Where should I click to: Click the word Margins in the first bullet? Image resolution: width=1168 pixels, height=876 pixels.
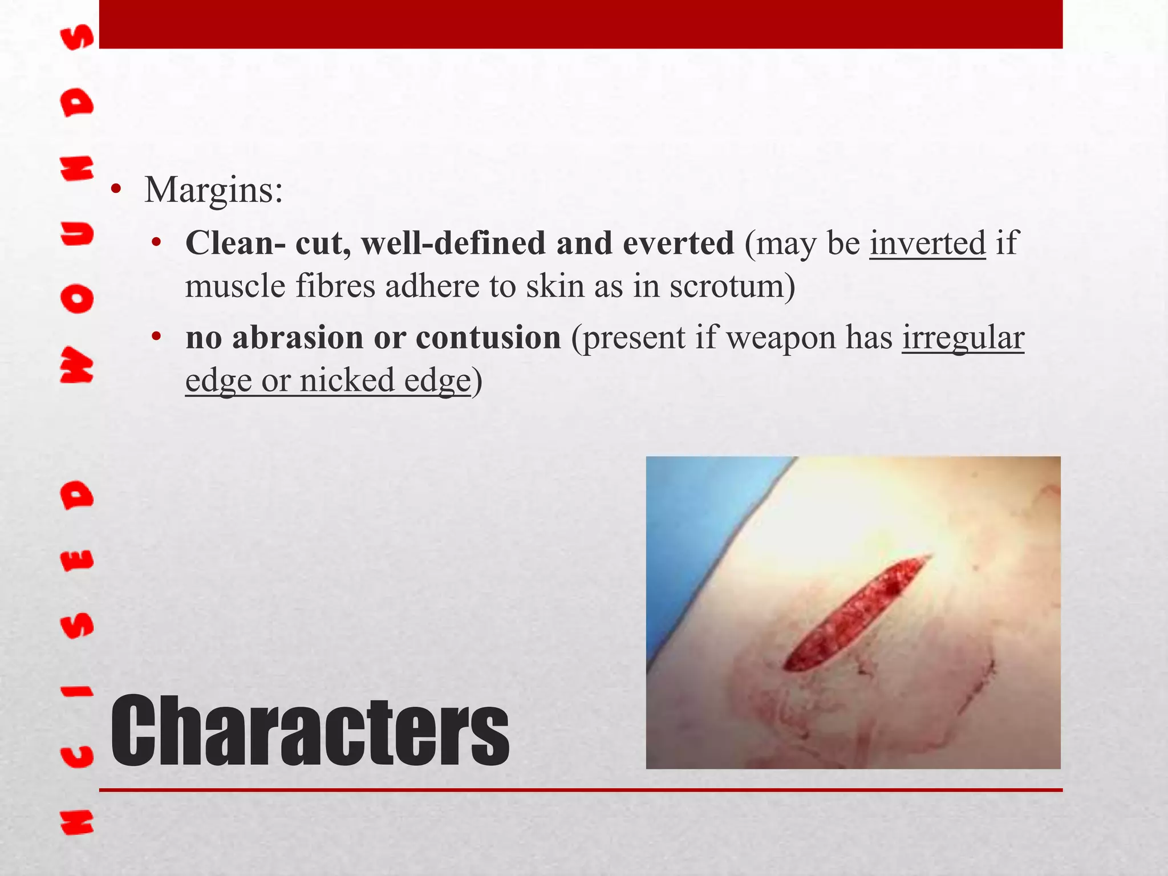point(213,190)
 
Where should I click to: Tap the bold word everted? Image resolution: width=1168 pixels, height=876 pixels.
point(678,244)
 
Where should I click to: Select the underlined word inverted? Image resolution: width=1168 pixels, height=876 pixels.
point(927,244)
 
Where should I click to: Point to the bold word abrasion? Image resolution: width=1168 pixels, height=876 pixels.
point(298,338)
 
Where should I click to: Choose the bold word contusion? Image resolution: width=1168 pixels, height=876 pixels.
point(488,338)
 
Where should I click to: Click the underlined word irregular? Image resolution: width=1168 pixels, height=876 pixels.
point(963,338)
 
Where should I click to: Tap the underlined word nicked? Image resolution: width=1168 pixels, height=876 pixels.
point(347,380)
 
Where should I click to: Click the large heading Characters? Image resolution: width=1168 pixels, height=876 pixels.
point(310,732)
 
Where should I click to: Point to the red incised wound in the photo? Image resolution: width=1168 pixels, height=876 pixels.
point(855,613)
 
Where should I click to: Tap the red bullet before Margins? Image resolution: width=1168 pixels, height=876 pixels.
point(116,190)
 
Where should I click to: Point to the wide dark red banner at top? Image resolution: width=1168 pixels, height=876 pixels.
point(581,24)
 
